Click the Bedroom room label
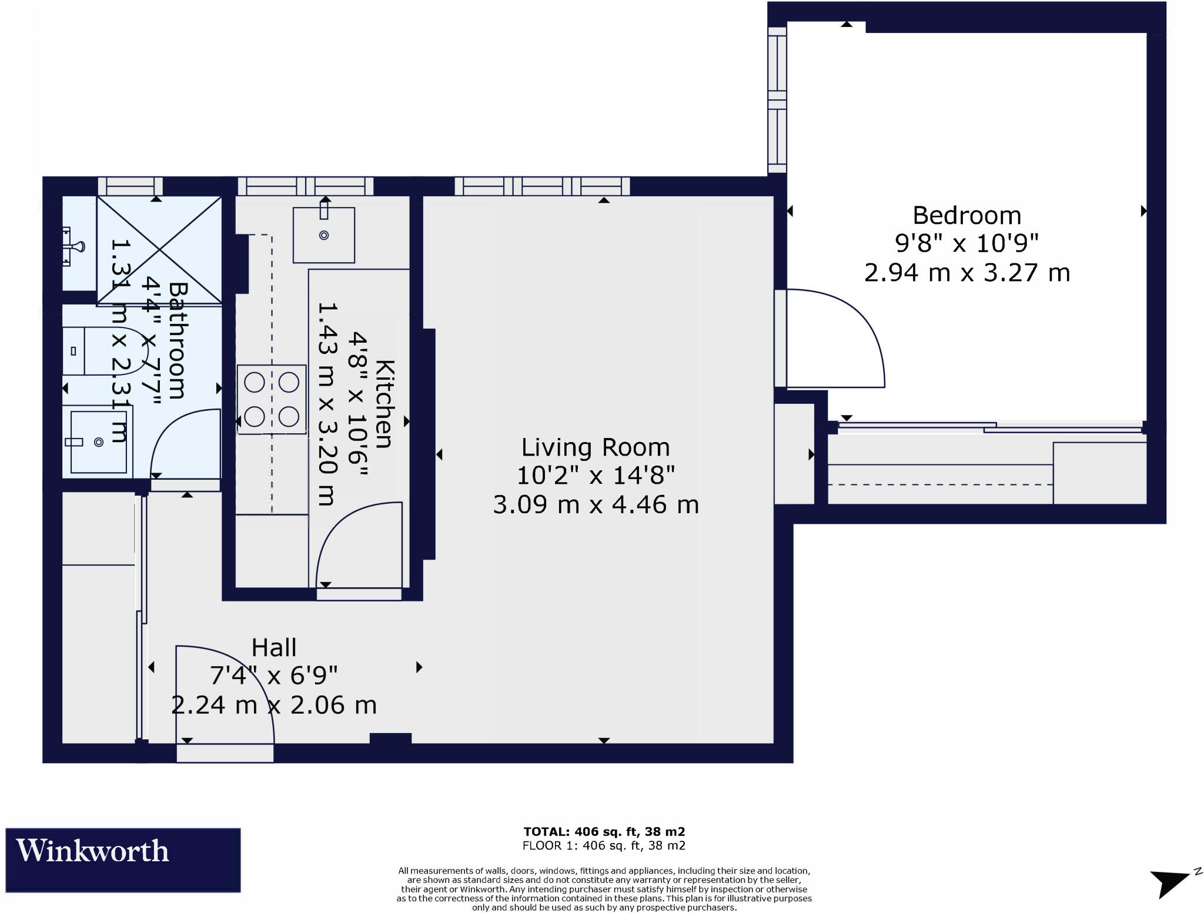[x=966, y=216]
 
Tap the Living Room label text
[x=596, y=448]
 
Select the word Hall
[x=274, y=648]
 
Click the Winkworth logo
[x=123, y=860]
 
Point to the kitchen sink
[x=324, y=235]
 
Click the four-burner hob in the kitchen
[x=272, y=400]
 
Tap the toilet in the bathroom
[x=103, y=351]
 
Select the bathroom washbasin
[x=98, y=442]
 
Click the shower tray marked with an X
[x=159, y=250]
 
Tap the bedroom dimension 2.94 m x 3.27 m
[x=966, y=273]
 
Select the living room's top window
[x=542, y=186]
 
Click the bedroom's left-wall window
[x=777, y=100]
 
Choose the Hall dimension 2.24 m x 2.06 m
[x=274, y=705]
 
